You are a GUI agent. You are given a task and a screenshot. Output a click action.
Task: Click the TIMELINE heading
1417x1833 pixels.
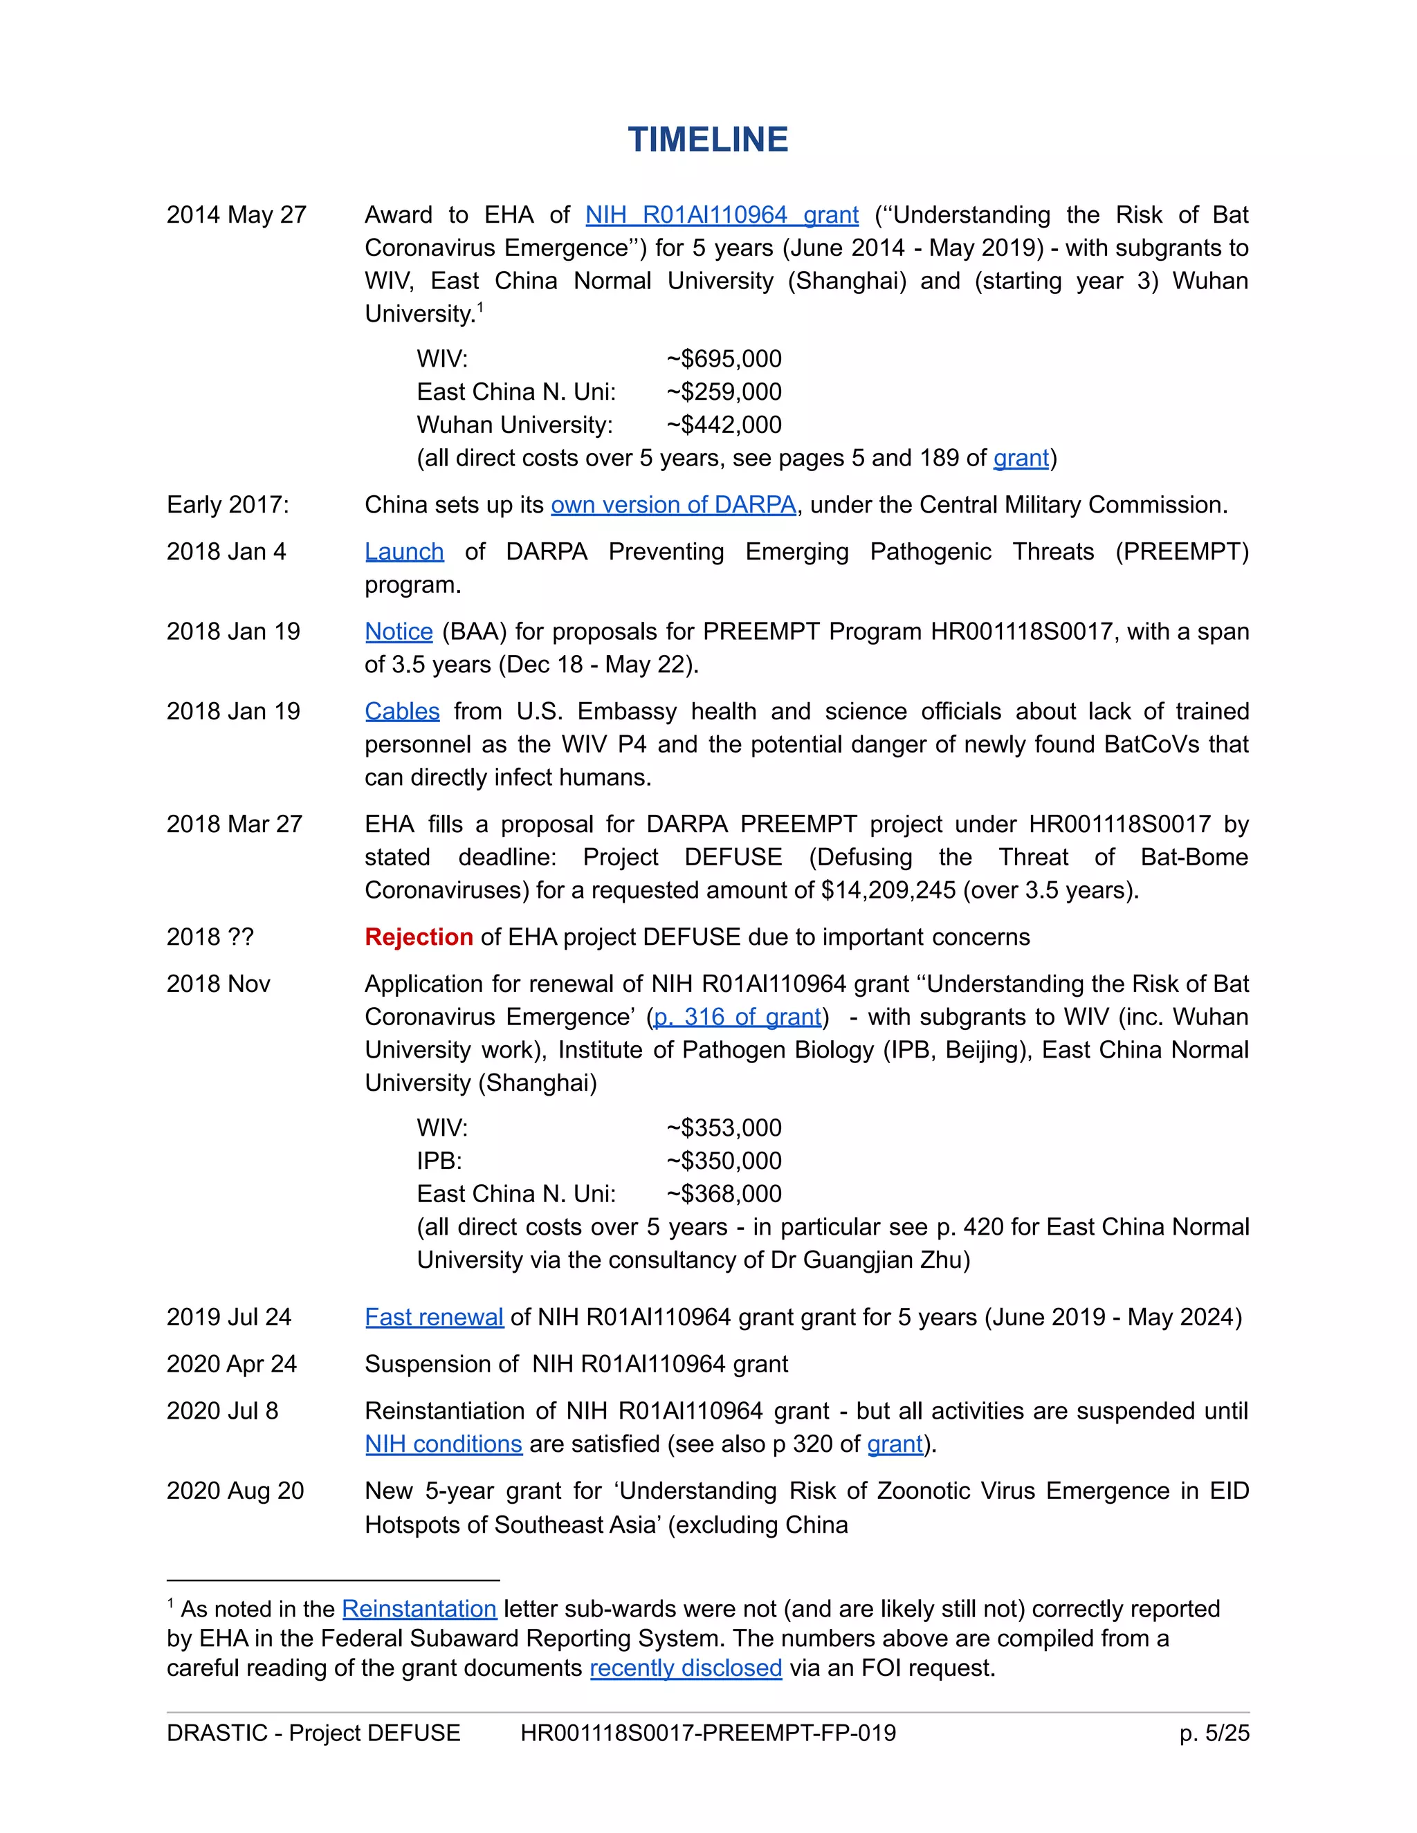pos(708,139)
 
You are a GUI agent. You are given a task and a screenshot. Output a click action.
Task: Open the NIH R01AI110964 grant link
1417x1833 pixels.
pos(721,215)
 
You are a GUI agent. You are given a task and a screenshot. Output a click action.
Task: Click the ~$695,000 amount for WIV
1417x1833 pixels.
pos(724,358)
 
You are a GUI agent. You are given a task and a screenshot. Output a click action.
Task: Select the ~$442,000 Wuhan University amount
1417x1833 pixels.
pos(724,425)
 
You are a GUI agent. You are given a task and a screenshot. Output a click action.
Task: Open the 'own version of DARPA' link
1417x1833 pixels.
pos(673,504)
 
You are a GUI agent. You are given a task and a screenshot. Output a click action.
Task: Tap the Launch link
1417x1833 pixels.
pos(404,551)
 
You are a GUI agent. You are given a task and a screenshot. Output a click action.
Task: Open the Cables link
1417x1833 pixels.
pos(402,711)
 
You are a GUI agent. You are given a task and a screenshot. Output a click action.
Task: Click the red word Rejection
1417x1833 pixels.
pos(419,937)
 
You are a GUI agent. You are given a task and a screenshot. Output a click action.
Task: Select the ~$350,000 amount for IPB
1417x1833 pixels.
pos(724,1161)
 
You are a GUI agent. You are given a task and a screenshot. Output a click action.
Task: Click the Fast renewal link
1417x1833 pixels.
pos(434,1317)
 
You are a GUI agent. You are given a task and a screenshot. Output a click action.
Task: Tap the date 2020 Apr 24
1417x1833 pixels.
pos(232,1364)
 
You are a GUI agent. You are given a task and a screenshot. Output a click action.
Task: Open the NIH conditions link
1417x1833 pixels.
pos(444,1444)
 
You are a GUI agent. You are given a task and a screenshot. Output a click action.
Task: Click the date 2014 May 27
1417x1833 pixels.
pos(236,215)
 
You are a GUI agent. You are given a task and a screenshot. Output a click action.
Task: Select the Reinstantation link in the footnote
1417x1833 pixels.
pos(419,1608)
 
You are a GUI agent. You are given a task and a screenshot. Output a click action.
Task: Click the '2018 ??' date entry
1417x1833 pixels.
pos(210,937)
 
